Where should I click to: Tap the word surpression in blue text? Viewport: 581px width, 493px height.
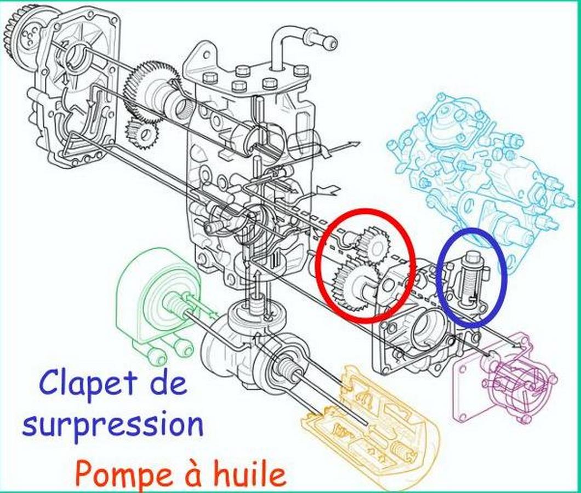click(113, 426)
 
